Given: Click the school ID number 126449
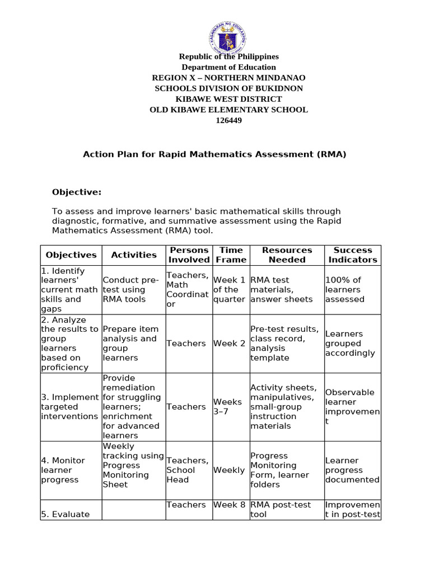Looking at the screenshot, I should click(x=228, y=120).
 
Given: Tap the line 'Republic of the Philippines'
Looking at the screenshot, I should click(x=228, y=57).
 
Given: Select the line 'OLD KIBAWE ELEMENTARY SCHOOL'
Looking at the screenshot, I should click(x=228, y=110).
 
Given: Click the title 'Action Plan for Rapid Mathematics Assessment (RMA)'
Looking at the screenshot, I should click(x=214, y=154).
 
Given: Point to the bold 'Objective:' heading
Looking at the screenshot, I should click(x=77, y=192).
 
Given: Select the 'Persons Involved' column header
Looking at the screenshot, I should click(x=189, y=255).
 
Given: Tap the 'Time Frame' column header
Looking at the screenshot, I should click(x=231, y=255).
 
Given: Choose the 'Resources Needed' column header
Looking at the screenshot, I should click(x=287, y=255).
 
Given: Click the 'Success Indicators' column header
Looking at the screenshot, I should click(x=352, y=255).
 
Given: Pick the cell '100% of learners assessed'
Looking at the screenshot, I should click(x=344, y=290).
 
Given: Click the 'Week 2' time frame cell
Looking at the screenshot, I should click(x=229, y=344).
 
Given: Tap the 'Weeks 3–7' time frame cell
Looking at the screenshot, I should click(x=227, y=407).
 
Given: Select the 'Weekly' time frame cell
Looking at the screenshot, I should click(x=228, y=470).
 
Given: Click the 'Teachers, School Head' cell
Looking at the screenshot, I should click(x=188, y=470).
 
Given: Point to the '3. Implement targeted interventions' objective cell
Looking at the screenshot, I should click(x=69, y=407).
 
